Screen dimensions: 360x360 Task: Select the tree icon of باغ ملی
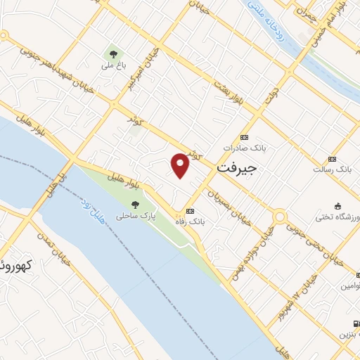point(112,53)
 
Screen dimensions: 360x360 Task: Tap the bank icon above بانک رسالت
point(332,159)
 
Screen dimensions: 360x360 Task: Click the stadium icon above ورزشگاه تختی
point(338,206)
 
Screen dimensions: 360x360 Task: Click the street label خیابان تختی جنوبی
point(312,242)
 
